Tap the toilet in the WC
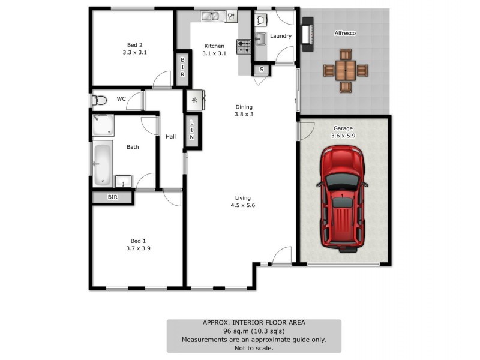tap(100, 100)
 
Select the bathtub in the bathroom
tap(102, 164)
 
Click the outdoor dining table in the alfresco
tap(345, 71)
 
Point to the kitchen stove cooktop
tap(244, 46)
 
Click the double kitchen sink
tap(210, 16)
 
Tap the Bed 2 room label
tap(134, 44)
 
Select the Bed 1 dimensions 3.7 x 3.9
tap(138, 247)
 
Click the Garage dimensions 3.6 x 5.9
tap(343, 136)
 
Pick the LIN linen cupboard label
tap(192, 130)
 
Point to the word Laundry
tap(281, 36)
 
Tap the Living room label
tap(243, 197)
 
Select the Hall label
tap(171, 137)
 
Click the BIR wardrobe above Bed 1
tap(113, 197)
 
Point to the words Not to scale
tap(254, 347)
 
